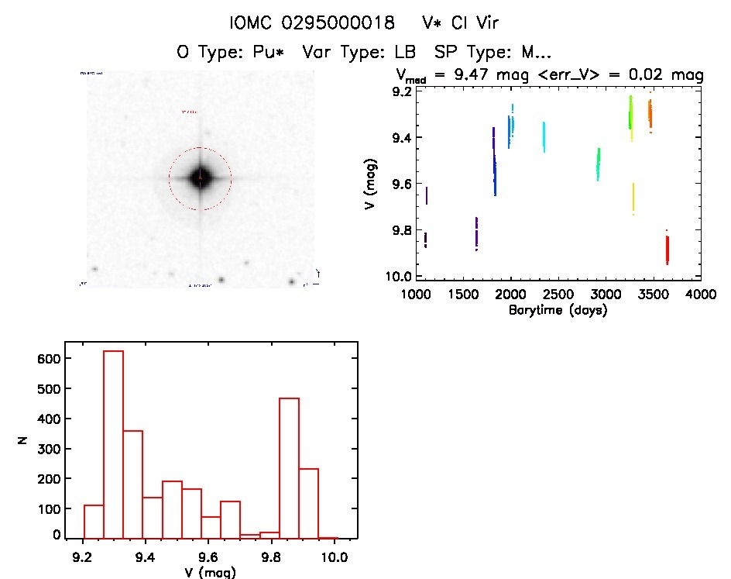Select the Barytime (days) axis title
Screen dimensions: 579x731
(558, 310)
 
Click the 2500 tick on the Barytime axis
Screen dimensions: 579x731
(606, 295)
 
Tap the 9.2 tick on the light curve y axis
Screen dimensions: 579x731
(402, 92)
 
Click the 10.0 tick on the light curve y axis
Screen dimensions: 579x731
(400, 277)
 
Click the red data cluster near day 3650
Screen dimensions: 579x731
(667, 250)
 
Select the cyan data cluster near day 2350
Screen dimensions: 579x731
(544, 136)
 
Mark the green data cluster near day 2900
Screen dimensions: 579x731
(598, 164)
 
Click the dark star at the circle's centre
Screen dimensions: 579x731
(201, 177)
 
